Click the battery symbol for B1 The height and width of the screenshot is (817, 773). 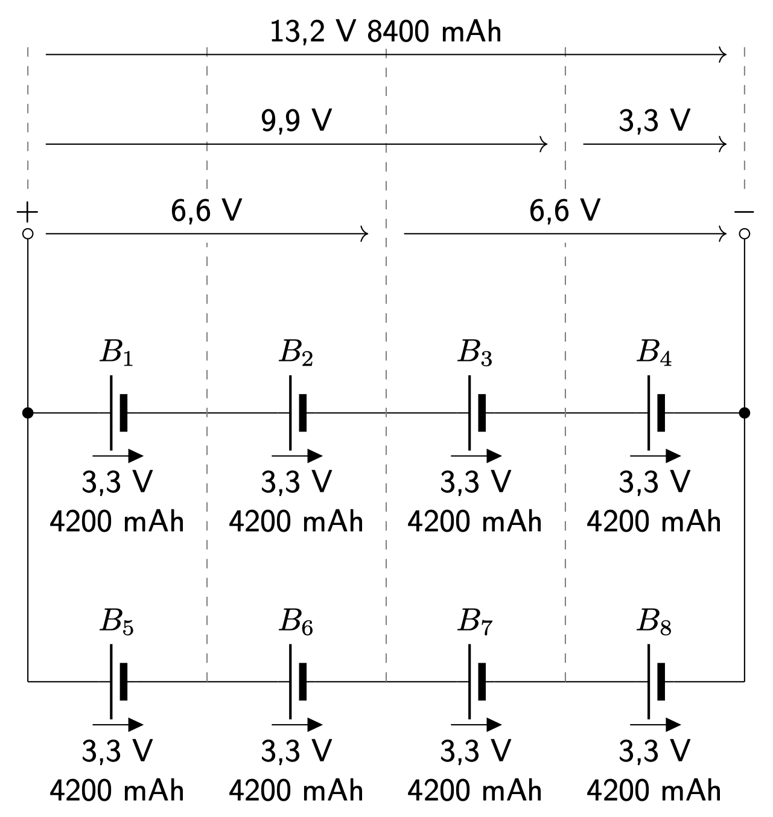[118, 413]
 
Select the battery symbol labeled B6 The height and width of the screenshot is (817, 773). [297, 681]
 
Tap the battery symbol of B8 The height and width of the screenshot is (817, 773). [655, 681]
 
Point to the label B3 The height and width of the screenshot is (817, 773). [475, 353]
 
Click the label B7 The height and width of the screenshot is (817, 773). [475, 621]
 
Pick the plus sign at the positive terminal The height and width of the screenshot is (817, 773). [27, 212]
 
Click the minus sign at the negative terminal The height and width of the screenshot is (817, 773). [744, 212]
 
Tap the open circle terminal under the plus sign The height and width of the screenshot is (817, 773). [27, 234]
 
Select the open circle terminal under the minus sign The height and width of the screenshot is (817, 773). [744, 234]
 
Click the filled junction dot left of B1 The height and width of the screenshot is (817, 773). [27, 413]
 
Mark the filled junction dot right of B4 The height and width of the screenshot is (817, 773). [744, 413]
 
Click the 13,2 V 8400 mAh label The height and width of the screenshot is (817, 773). [386, 32]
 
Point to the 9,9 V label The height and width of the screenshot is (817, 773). [296, 121]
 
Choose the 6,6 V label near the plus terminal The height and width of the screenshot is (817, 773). [206, 211]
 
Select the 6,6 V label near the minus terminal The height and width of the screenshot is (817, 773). [565, 211]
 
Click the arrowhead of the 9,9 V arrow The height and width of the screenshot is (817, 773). [544, 144]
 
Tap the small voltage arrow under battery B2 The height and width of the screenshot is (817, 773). [297, 456]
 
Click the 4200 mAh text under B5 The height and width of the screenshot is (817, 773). [117, 790]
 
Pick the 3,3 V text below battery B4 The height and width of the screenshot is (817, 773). [654, 482]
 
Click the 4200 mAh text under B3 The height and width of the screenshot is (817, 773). [475, 522]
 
